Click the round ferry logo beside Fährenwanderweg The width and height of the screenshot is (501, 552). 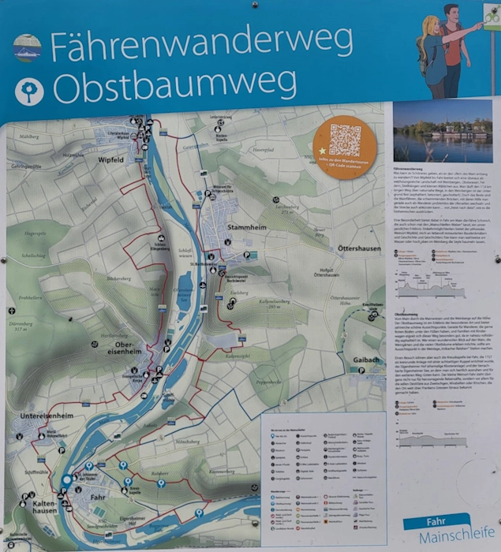coord(26,47)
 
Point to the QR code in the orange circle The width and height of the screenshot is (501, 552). coord(345,139)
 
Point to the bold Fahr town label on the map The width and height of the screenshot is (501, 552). coord(99,498)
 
